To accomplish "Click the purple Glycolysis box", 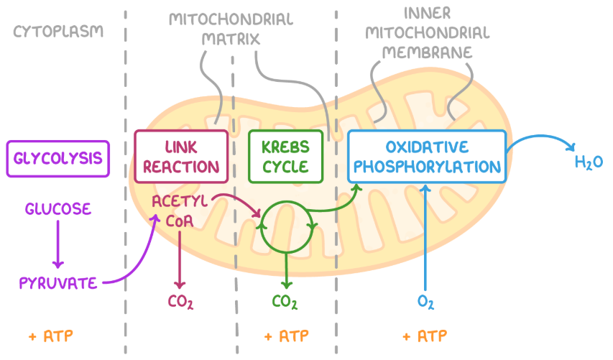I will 57,158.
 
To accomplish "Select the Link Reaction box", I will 182,157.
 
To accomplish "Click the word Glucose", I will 58,209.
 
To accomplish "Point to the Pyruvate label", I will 58,282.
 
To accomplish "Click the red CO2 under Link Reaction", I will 180,301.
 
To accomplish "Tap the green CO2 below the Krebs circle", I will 285,302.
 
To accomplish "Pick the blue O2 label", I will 426,301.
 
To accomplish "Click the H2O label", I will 589,162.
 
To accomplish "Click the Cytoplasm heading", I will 58,32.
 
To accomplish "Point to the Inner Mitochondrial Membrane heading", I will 427,33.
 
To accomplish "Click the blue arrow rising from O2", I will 426,237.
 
